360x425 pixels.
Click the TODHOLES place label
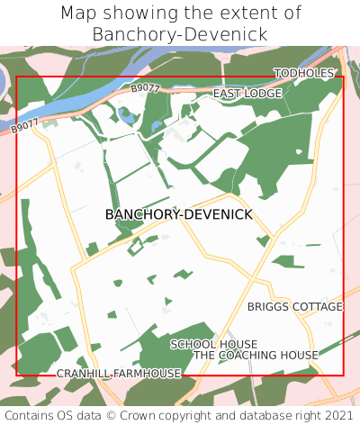pos(304,73)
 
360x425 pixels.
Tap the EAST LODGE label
pos(247,94)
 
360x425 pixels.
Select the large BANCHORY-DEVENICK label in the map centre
pos(179,214)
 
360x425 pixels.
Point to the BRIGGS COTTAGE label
pos(295,307)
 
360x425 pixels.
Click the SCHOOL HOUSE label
pos(214,344)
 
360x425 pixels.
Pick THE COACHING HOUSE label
pos(256,356)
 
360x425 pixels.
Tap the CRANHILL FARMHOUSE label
pos(119,373)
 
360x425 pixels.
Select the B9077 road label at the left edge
pos(26,127)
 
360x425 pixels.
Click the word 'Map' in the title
pos(79,14)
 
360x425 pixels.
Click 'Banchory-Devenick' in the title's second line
pos(180,34)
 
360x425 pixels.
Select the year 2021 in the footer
pos(338,415)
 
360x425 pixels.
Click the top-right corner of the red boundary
pos(344,77)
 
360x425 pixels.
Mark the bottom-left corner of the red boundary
pos(16,375)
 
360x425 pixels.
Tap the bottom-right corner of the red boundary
pos(344,375)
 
